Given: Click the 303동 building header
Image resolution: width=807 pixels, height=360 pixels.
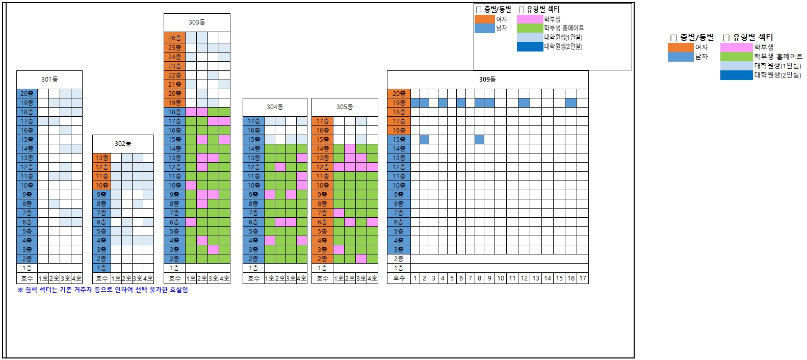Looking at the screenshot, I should tap(197, 22).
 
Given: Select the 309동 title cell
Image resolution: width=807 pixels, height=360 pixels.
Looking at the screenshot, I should tap(487, 80).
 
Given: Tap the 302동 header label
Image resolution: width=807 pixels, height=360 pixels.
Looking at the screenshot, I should tap(123, 144).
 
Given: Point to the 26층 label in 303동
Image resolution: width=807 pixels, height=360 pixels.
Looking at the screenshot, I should tap(174, 38).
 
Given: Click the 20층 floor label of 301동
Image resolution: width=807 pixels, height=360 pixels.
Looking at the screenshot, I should tap(27, 94).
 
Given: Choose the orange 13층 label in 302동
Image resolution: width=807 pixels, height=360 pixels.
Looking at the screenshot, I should tap(101, 158).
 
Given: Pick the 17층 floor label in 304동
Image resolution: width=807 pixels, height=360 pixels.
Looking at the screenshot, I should tap(253, 121).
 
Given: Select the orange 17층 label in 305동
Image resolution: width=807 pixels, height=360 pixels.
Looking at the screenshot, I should tap(322, 121).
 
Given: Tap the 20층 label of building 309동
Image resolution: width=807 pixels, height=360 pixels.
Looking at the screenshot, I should tap(399, 94).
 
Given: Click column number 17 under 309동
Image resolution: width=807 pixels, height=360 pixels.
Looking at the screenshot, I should tap(583, 278).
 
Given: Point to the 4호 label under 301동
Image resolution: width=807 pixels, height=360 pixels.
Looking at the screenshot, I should tap(76, 278).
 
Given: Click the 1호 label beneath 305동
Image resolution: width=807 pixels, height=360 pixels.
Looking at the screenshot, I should tap(339, 278).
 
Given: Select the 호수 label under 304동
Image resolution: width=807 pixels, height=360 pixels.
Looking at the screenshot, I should tap(253, 278).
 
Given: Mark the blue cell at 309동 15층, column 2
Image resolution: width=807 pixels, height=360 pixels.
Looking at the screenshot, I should tap(424, 140).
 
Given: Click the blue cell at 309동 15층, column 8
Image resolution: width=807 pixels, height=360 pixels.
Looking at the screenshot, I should tap(479, 140).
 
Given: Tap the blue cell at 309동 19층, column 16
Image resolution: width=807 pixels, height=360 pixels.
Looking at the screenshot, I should tap(571, 103).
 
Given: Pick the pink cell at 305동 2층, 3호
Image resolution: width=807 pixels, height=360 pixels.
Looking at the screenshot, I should tap(361, 259).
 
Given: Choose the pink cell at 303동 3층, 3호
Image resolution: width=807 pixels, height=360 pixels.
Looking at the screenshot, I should tap(213, 250).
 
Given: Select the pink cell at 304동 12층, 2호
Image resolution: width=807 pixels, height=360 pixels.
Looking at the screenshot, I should tap(280, 167).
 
